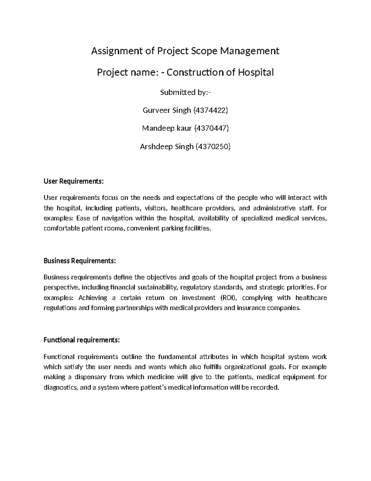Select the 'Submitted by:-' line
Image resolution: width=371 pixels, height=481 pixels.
(x=185, y=92)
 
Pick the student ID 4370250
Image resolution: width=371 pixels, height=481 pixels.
(x=213, y=146)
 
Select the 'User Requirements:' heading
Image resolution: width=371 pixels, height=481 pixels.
(x=74, y=181)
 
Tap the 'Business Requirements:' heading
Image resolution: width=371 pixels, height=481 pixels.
(x=80, y=261)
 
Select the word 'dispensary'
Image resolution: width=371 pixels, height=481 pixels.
(x=91, y=377)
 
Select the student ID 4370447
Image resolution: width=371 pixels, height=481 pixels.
(x=211, y=128)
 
